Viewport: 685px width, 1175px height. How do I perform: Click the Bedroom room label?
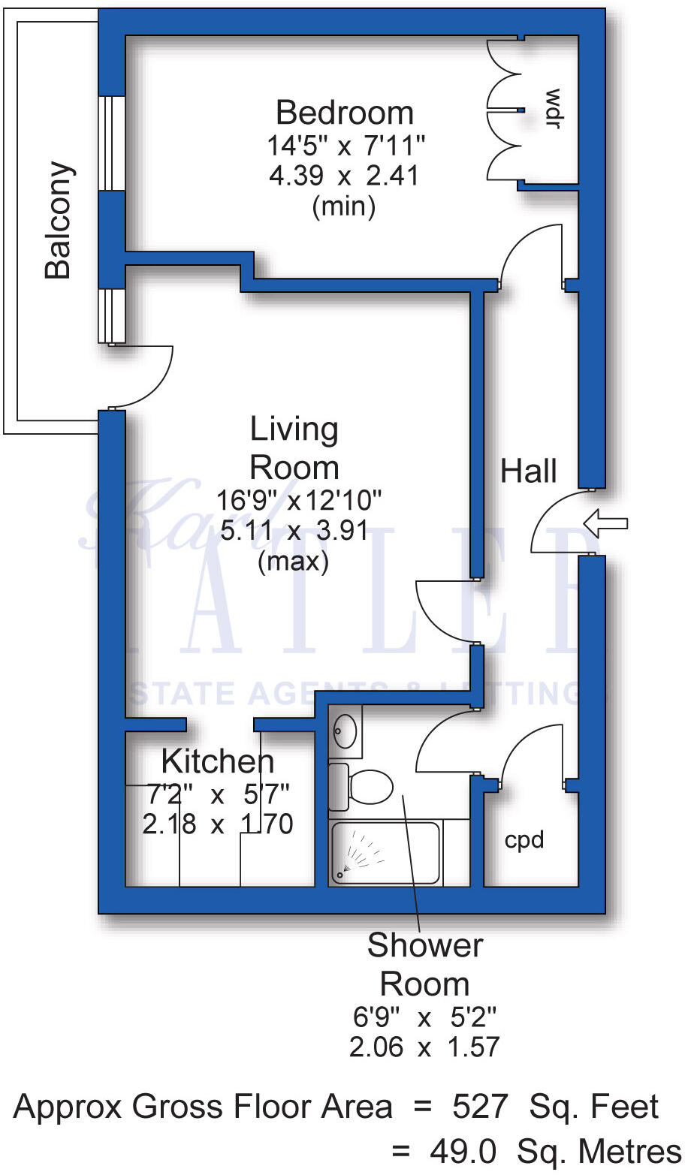345,113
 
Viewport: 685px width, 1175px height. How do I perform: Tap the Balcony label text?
59,219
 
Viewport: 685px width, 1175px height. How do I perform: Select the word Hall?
529,472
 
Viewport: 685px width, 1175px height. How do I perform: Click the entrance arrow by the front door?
605,523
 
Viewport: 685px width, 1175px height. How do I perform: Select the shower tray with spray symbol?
385,851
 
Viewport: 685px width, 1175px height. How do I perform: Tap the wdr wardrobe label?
553,109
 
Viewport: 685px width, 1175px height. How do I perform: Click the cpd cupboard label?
524,839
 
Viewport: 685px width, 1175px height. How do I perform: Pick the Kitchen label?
218,762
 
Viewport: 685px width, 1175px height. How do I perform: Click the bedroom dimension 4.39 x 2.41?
344,176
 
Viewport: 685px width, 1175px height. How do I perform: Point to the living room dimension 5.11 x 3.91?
294,531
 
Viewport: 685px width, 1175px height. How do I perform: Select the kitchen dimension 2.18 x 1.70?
218,824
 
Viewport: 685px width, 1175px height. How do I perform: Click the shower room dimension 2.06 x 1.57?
424,1047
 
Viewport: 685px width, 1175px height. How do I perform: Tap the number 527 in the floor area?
480,1107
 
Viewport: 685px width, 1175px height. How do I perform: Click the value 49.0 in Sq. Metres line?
463,1151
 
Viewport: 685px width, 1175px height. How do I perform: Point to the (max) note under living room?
293,562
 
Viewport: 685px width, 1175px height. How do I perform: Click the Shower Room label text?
425,964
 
